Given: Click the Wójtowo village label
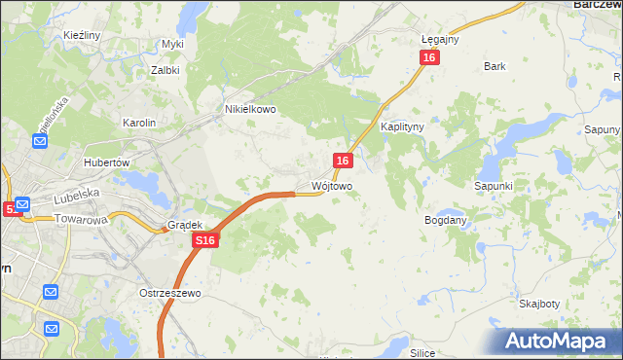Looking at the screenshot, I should click(331, 185).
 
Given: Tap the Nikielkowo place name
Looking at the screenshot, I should click(251, 110).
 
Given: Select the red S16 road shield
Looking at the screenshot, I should click(203, 240).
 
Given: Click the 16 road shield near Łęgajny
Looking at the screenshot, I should click(430, 58).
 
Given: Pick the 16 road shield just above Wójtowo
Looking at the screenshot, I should click(343, 161).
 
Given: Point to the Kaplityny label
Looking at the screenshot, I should click(402, 127).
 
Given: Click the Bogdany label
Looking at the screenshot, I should click(446, 220).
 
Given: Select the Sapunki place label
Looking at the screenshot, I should click(493, 185).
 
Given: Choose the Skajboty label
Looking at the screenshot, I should click(539, 303).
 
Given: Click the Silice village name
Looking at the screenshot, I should click(421, 352).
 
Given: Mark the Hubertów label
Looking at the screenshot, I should click(107, 162).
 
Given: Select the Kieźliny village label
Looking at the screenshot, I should click(83, 35).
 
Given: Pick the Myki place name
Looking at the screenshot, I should click(173, 45).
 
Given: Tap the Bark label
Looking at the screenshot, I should click(495, 67).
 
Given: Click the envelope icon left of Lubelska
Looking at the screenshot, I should click(22, 205).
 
